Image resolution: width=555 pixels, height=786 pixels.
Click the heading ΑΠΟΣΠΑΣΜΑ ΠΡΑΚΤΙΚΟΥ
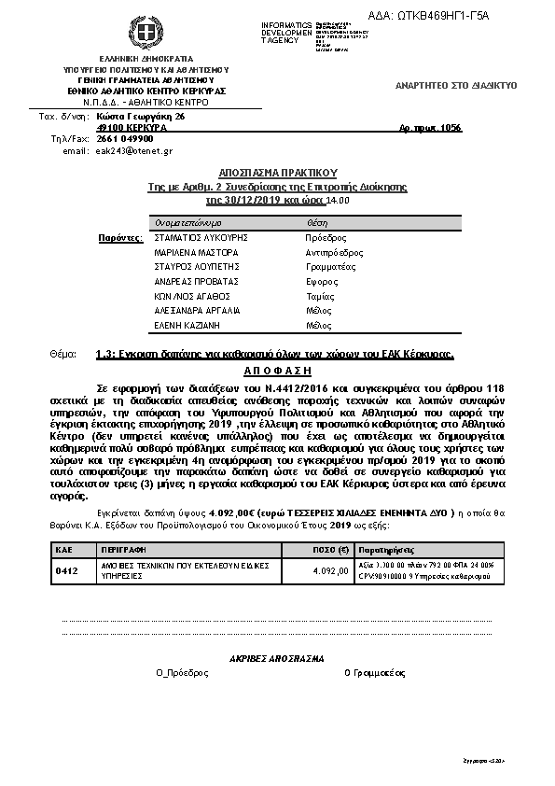coord(277,174)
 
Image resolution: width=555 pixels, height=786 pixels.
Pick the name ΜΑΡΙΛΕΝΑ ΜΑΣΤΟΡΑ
coord(196,252)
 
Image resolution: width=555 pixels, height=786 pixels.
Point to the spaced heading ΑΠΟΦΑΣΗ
coord(277,370)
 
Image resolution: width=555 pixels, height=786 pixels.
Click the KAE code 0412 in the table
coord(66,569)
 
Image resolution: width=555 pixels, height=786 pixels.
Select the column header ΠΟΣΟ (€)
coord(304,551)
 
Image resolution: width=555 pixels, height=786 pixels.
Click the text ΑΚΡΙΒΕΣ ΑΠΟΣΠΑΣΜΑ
coord(276,657)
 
